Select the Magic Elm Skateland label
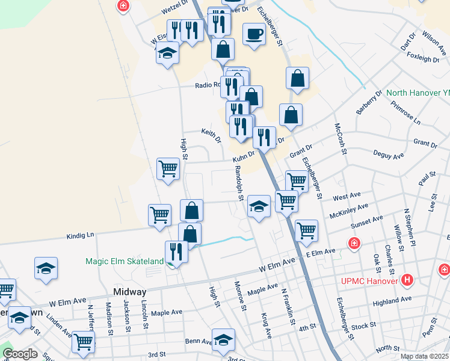tap(125, 261)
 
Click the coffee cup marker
tap(254, 34)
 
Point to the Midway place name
tap(129, 291)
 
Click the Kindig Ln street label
tap(81, 235)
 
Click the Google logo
tap(20, 354)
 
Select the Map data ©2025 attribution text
tap(424, 356)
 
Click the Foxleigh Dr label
tap(423, 58)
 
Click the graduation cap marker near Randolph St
tap(259, 206)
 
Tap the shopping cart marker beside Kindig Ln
tap(159, 215)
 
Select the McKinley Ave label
tap(348, 210)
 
